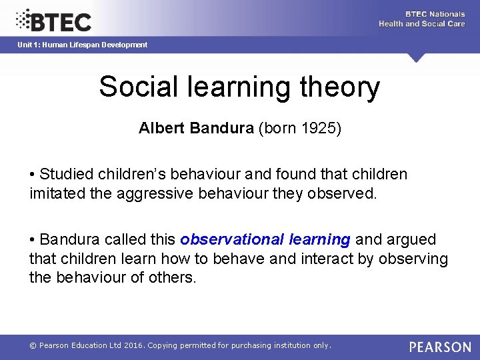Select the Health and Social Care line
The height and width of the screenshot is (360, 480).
pyautogui.click(x=421, y=24)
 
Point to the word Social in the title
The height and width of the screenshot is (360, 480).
pyautogui.click(x=137, y=87)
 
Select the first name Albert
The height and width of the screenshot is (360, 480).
pyautogui.click(x=162, y=128)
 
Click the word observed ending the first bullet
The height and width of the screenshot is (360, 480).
pyautogui.click(x=343, y=193)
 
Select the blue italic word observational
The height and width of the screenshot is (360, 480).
pyautogui.click(x=232, y=239)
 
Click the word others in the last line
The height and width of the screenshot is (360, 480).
pyautogui.click(x=175, y=277)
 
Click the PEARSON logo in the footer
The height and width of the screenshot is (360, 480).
pyautogui.click(x=440, y=347)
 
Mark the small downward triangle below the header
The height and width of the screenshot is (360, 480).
pyautogui.click(x=417, y=58)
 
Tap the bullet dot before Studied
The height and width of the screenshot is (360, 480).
pyautogui.click(x=33, y=175)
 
